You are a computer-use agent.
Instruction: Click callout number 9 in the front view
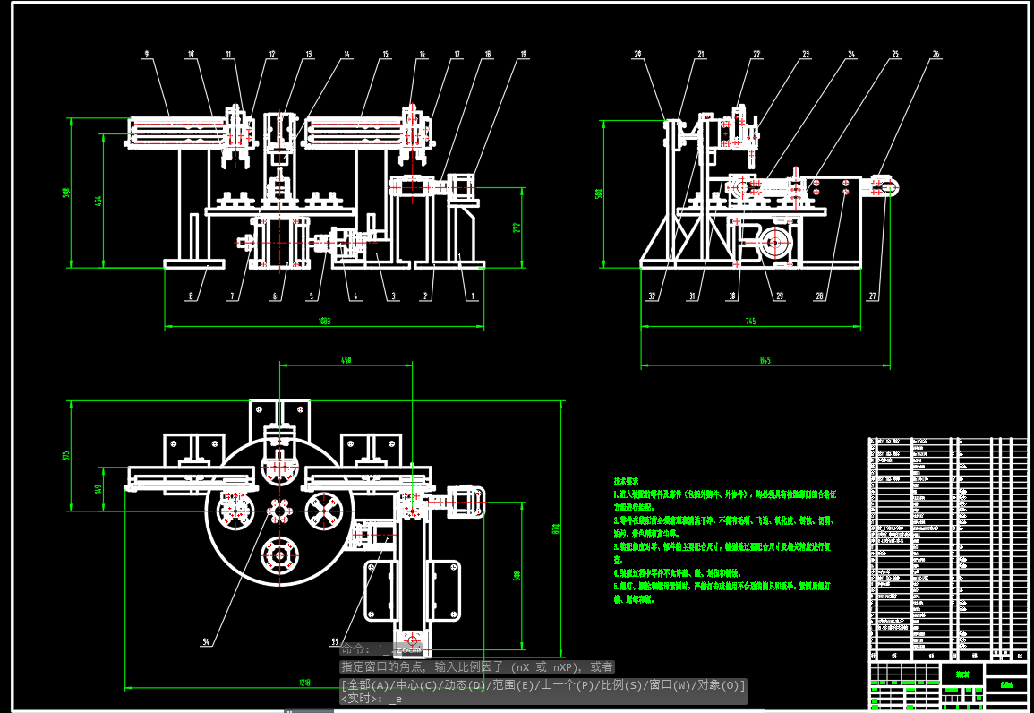pyautogui.click(x=146, y=55)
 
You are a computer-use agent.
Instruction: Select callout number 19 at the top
pyautogui.click(x=523, y=55)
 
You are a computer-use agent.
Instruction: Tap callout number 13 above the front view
pyautogui.click(x=309, y=55)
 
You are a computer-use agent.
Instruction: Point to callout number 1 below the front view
pyautogui.click(x=474, y=296)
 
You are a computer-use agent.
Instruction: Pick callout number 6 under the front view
pyautogui.click(x=275, y=296)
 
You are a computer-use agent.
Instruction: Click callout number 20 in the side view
pyautogui.click(x=638, y=55)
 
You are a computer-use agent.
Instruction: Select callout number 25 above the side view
pyautogui.click(x=895, y=55)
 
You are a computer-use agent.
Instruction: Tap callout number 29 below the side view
pyautogui.click(x=779, y=296)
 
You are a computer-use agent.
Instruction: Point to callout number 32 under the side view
pyautogui.click(x=653, y=296)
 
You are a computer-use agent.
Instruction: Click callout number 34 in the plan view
pyautogui.click(x=206, y=641)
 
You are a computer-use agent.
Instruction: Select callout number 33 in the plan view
pyautogui.click(x=335, y=641)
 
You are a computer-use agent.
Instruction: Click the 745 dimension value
pyautogui.click(x=750, y=321)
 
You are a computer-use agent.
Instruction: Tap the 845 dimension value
pyautogui.click(x=765, y=361)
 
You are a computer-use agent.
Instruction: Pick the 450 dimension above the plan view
pyautogui.click(x=345, y=360)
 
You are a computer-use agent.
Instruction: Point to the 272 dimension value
pyautogui.click(x=516, y=228)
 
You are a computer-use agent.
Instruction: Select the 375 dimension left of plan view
pyautogui.click(x=66, y=456)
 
